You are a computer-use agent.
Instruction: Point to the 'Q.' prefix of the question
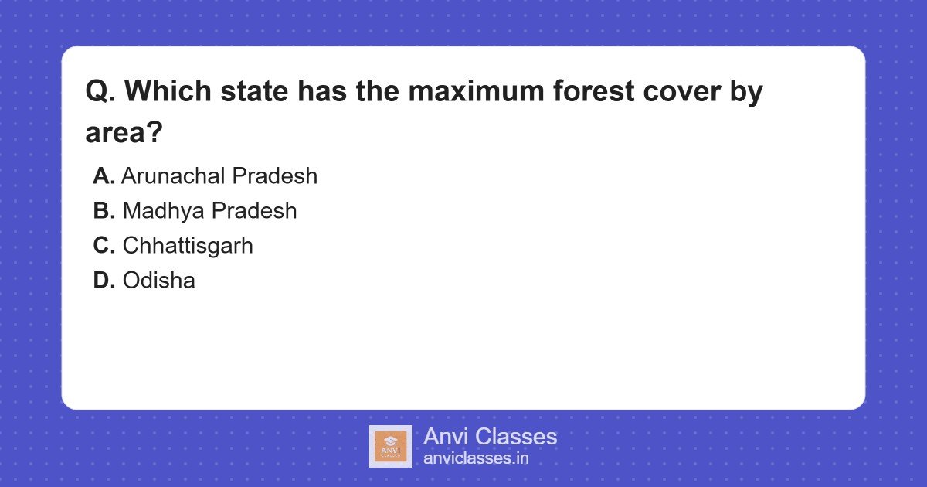point(100,92)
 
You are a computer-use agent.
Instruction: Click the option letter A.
point(104,176)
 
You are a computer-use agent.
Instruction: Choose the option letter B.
point(104,211)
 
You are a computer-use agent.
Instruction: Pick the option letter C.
point(104,246)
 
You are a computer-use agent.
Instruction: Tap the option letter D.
point(104,281)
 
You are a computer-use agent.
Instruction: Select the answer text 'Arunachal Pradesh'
point(219,176)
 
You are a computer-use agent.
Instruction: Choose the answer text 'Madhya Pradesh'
point(209,211)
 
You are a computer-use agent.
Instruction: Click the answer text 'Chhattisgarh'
point(188,246)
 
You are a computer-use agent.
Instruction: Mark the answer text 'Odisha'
point(158,281)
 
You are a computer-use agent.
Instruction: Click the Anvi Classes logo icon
point(390,446)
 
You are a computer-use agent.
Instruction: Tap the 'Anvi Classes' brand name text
point(490,437)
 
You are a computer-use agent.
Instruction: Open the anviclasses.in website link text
point(476,458)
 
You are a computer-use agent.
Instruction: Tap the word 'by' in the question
point(746,92)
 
